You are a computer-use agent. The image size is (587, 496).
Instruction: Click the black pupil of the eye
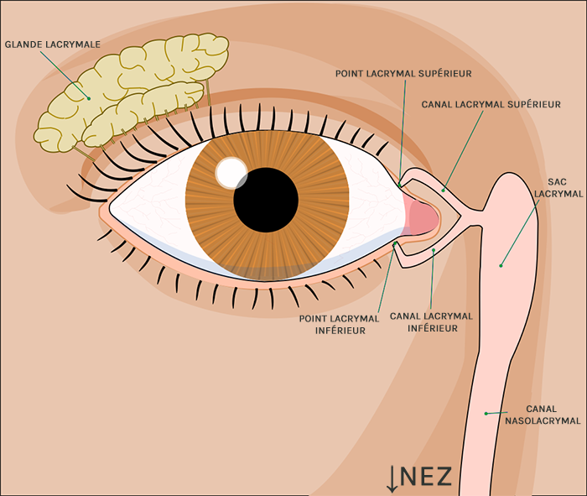tap(266, 200)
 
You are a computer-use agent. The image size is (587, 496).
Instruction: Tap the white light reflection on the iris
tap(229, 172)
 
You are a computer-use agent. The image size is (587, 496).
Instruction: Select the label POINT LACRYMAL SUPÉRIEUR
tap(403, 73)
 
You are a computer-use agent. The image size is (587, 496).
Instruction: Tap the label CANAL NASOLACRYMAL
tap(553, 415)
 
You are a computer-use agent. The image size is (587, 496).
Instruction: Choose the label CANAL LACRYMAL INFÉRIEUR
tap(432, 322)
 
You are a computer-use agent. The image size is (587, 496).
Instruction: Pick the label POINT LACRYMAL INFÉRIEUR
tap(342, 324)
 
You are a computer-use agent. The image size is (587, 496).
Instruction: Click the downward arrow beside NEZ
tap(392, 477)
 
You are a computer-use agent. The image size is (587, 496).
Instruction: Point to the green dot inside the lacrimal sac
tap(501, 265)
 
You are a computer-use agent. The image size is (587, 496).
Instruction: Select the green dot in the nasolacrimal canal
tap(486, 413)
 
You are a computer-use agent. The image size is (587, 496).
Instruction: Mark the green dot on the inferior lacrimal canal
tap(433, 249)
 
